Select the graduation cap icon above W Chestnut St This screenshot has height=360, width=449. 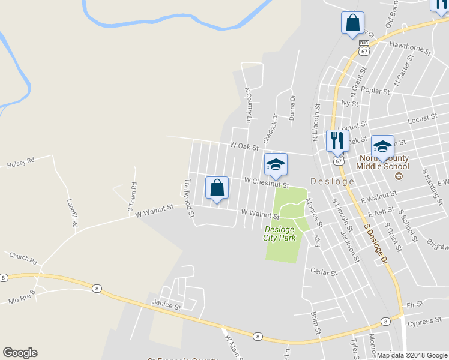point(276,165)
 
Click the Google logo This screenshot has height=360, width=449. point(20,353)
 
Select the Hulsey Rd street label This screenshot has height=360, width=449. point(21,162)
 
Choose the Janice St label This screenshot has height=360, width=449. point(166,306)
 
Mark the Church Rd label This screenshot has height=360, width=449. point(23,259)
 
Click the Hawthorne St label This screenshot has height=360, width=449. point(411,48)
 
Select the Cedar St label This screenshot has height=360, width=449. point(324,272)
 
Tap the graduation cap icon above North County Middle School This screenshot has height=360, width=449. point(382,146)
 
